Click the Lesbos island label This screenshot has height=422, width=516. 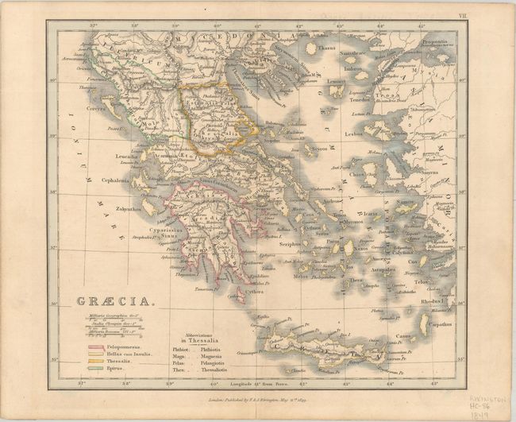coord(354,134)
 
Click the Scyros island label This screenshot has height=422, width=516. coord(318,149)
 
